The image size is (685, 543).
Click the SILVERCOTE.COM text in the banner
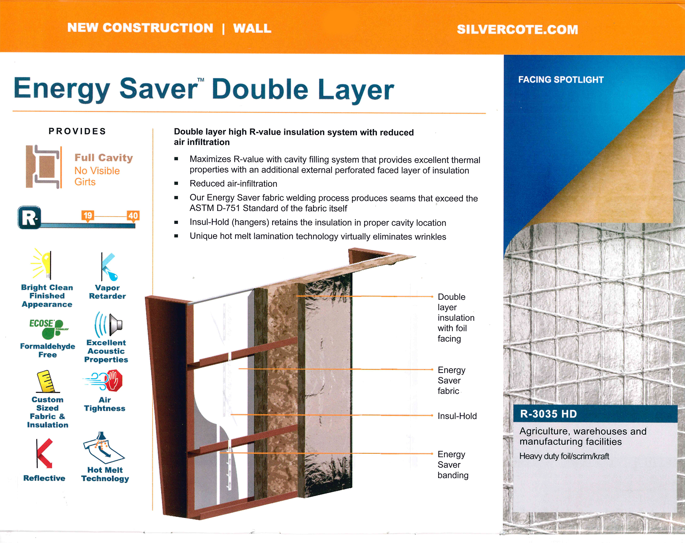click(517, 29)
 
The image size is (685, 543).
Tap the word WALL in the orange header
click(252, 28)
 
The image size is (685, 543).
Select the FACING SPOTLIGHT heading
click(561, 80)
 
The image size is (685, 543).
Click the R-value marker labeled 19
click(88, 216)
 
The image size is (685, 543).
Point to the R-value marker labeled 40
click(133, 216)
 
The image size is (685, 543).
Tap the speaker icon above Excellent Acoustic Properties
click(109, 324)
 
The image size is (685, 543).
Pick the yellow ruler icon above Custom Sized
click(47, 381)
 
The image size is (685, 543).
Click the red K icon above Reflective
click(44, 453)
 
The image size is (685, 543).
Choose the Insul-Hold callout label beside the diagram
click(457, 416)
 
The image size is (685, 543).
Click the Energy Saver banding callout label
click(453, 465)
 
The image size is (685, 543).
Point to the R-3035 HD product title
click(548, 414)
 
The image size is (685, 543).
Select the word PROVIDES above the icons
click(77, 131)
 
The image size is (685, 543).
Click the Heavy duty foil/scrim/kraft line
click(564, 456)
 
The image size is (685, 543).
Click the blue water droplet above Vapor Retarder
click(114, 276)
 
